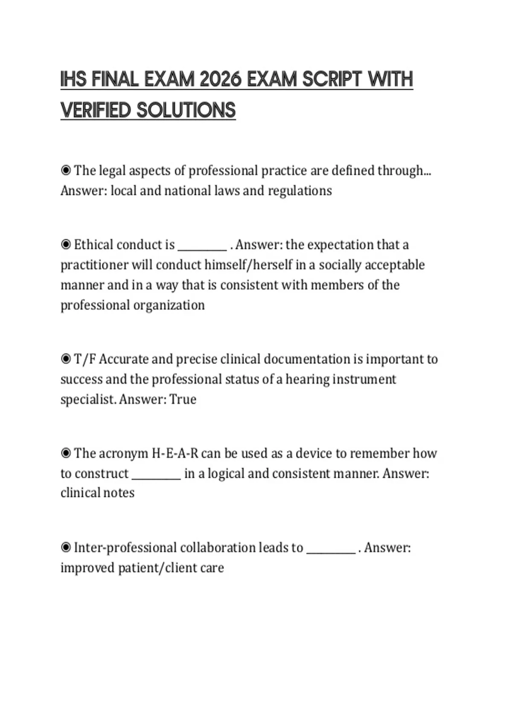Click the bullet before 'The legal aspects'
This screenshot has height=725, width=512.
click(x=66, y=171)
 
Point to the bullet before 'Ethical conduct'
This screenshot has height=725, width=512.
click(x=66, y=245)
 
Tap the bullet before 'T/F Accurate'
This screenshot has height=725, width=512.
click(x=66, y=359)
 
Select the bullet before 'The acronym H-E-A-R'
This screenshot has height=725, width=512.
click(x=66, y=453)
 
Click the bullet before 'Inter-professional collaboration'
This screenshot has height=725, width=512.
click(x=66, y=548)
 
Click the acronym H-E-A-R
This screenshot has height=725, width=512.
click(x=175, y=453)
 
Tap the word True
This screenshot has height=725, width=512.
click(x=183, y=400)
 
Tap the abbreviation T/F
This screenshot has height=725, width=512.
click(x=85, y=359)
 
